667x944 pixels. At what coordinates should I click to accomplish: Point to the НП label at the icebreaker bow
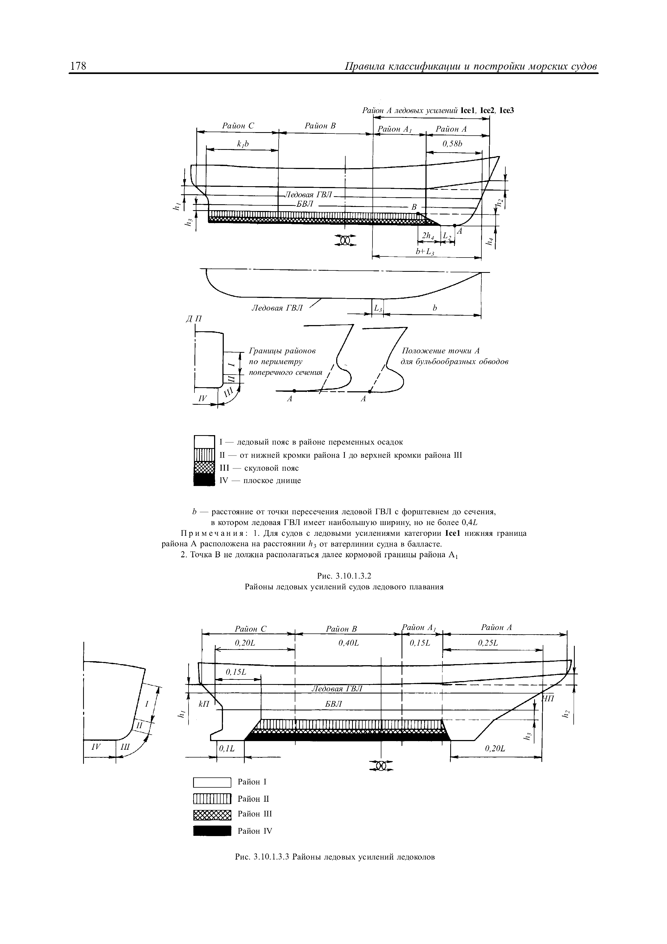click(547, 699)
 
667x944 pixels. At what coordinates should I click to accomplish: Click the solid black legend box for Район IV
click(212, 831)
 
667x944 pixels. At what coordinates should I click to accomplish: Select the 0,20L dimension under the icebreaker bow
click(495, 749)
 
